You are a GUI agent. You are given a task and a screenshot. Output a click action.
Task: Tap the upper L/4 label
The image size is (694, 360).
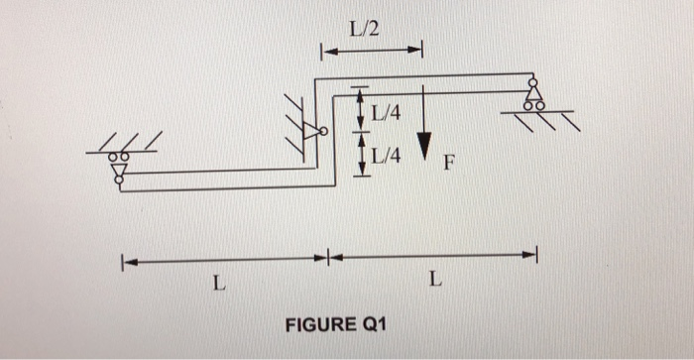(x=387, y=113)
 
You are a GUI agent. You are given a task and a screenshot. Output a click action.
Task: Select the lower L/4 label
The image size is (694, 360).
(x=387, y=155)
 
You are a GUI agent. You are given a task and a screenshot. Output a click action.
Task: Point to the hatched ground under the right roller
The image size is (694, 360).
(x=543, y=119)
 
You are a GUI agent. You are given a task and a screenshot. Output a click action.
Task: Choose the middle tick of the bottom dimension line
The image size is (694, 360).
(x=326, y=258)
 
